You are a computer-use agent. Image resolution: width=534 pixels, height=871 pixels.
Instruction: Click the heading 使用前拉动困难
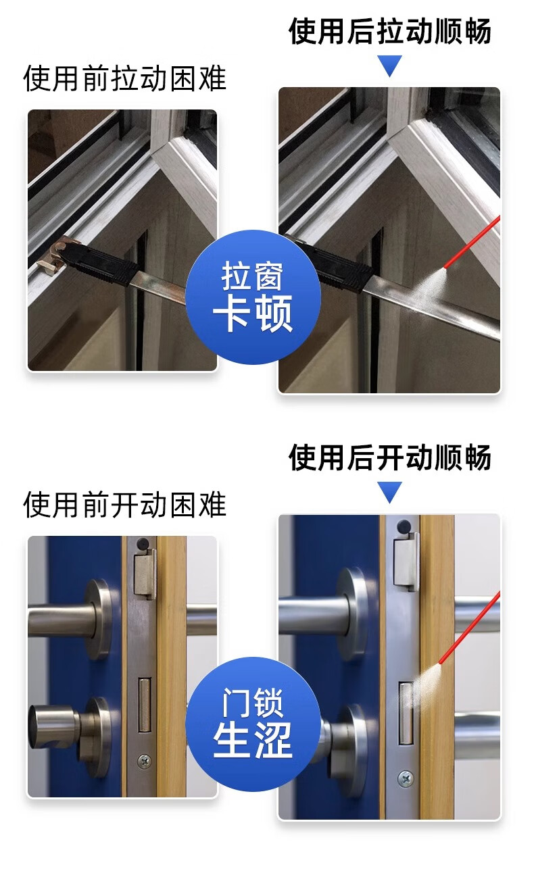pos(125,79)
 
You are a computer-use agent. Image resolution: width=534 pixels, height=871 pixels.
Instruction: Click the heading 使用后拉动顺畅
pos(390,30)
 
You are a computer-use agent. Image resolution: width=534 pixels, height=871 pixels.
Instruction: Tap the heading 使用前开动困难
pos(125,505)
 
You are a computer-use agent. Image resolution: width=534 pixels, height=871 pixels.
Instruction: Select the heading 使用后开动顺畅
pos(390,457)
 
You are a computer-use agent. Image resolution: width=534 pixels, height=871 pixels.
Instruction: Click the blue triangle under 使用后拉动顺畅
pos(390,66)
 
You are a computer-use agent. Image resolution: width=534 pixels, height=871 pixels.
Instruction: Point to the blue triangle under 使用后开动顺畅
pos(390,492)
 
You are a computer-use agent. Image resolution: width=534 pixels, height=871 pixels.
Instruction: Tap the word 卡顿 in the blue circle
pos(253,313)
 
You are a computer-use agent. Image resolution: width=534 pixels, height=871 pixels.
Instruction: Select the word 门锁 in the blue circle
pos(252,702)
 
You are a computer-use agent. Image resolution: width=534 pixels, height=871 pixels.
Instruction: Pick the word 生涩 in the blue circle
pos(253,739)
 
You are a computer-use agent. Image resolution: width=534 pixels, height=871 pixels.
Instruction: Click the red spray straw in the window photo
pos(472,242)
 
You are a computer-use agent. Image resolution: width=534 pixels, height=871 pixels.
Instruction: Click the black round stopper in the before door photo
pos(143,543)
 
